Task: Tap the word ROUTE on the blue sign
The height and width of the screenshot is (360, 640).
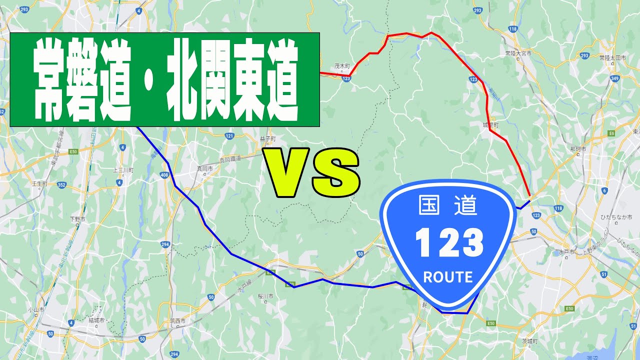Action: coord(447,277)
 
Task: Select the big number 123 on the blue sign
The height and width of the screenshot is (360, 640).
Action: coord(449,243)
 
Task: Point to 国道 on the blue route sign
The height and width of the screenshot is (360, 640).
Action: coord(448,205)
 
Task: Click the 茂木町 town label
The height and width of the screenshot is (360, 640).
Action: coord(341,65)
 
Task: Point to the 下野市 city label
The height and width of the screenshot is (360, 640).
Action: coord(77,219)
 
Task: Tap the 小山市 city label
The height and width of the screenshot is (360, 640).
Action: coord(34,309)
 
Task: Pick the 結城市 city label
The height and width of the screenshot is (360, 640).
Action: coord(94,319)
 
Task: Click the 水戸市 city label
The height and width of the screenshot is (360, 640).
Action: coord(568,251)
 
